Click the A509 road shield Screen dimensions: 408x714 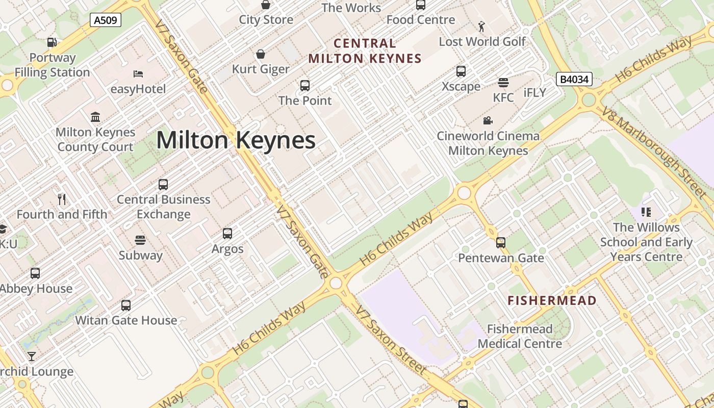point(106,20)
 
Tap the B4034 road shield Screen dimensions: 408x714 point(574,79)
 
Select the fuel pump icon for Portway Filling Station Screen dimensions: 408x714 point(52,42)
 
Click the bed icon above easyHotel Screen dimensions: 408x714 point(138,74)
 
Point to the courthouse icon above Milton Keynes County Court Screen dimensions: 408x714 point(95,117)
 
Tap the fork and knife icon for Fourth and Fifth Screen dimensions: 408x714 point(62,199)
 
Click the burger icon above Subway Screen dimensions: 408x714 point(140,240)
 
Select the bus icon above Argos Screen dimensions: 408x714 point(227,234)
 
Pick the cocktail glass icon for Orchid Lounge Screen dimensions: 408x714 point(32,356)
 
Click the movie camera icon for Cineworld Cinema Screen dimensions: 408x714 point(488,121)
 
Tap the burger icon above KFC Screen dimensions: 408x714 point(503,83)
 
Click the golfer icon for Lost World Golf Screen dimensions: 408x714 point(481,26)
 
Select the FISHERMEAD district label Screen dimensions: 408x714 point(552,301)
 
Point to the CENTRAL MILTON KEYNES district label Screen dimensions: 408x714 point(365,51)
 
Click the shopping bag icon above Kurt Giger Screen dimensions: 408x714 point(261,54)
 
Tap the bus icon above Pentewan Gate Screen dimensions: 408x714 point(501,243)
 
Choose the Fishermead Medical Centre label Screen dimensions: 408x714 point(520,337)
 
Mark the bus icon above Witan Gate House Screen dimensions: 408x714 point(126,305)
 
